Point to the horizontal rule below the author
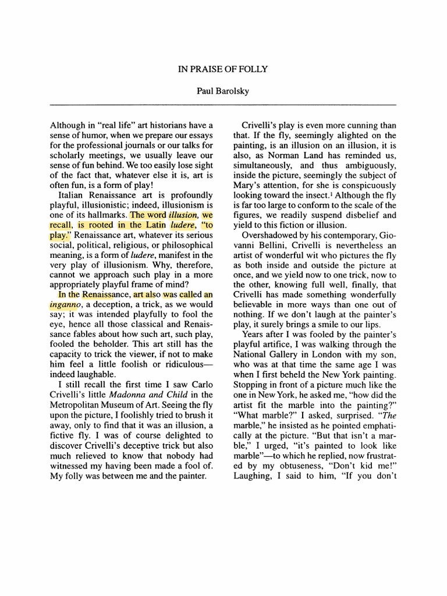tap(223, 104)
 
